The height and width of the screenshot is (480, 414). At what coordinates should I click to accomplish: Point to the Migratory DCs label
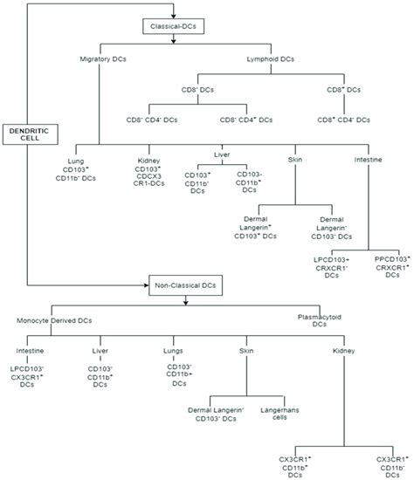101,59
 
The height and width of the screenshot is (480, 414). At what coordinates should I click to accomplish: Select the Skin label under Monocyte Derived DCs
247,350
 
